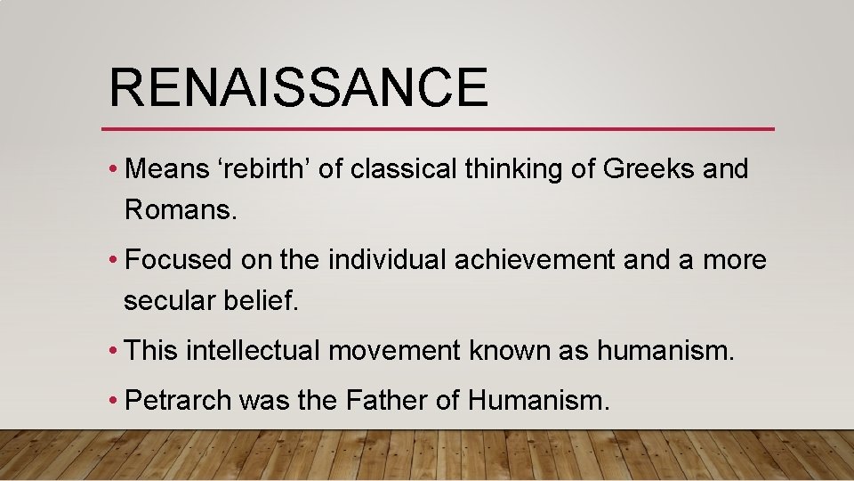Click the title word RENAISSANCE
point(298,87)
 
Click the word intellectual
point(253,351)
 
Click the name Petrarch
point(179,401)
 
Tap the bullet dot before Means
point(115,169)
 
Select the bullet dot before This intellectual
point(115,352)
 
